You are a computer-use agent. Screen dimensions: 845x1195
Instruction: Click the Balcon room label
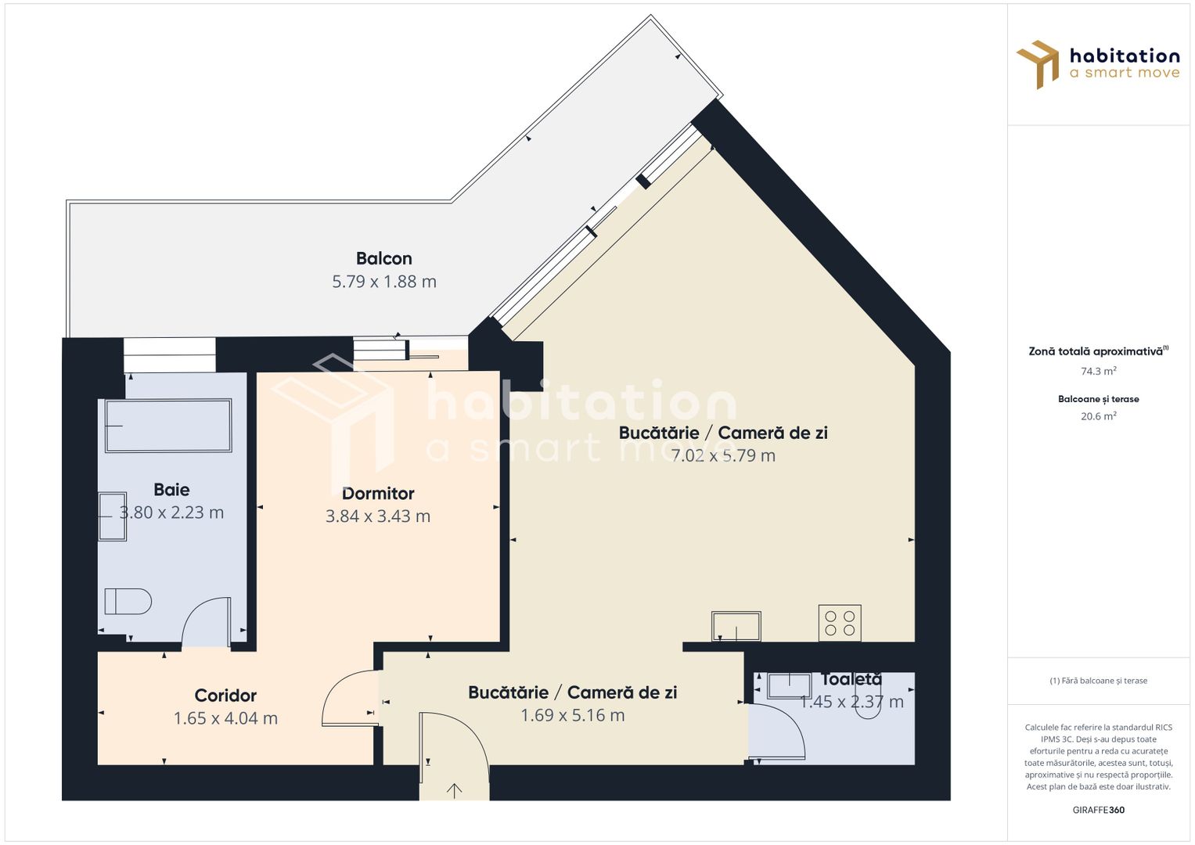coord(383,258)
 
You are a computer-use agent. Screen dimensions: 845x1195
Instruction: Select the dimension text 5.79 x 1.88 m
coord(383,282)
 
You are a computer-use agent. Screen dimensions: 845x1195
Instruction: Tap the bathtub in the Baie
coord(168,426)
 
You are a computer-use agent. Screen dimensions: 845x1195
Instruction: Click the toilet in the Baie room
coord(128,602)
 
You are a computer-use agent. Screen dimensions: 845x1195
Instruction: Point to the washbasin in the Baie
coord(112,516)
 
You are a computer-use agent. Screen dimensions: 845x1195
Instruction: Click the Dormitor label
coord(378,494)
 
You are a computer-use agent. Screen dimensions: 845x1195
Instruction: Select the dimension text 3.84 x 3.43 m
coord(378,516)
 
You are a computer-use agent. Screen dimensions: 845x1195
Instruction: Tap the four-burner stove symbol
coord(840,623)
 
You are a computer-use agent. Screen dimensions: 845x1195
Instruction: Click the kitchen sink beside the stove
coord(736,626)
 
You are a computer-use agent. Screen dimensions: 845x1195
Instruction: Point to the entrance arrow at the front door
coord(454,790)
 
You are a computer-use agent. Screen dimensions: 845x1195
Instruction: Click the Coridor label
coord(225,696)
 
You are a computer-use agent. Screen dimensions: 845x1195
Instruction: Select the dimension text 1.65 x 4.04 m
coord(225,718)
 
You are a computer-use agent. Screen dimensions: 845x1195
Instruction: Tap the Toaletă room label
coord(851,680)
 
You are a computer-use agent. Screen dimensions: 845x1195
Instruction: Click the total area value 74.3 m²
coord(1098,372)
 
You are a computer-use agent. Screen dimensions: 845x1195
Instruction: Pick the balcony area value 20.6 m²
coord(1098,416)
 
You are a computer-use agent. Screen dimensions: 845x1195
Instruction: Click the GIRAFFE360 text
coord(1098,810)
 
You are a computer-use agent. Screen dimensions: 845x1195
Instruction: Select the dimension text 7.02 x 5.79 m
coord(723,455)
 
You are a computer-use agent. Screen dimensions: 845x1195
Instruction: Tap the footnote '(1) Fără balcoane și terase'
coord(1098,681)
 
